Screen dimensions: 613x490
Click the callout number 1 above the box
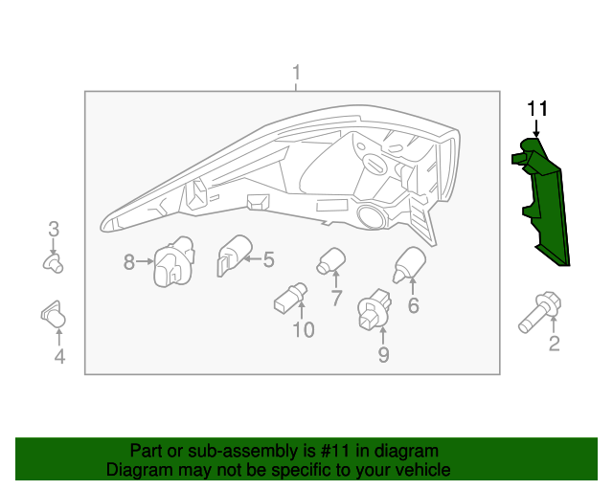tap(297, 73)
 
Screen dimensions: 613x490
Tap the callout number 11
tap(537, 109)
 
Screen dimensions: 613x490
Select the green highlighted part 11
tap(540, 202)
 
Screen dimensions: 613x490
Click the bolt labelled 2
tap(539, 312)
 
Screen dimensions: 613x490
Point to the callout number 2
tap(555, 344)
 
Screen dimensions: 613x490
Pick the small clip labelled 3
tap(53, 263)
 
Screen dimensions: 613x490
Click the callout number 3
tap(54, 230)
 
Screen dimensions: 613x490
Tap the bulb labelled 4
tap(54, 314)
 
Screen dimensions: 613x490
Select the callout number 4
tap(59, 357)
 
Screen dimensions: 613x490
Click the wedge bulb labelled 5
tap(234, 256)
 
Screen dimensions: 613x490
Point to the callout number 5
tap(268, 260)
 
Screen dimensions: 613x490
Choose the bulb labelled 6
tap(409, 264)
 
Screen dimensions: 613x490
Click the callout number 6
tap(413, 305)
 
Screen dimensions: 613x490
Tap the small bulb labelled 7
tap(331, 261)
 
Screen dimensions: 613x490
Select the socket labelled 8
tap(174, 261)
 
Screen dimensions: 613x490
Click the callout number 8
tap(129, 262)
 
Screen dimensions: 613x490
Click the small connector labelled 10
tap(290, 298)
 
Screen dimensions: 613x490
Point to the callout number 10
tap(304, 330)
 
